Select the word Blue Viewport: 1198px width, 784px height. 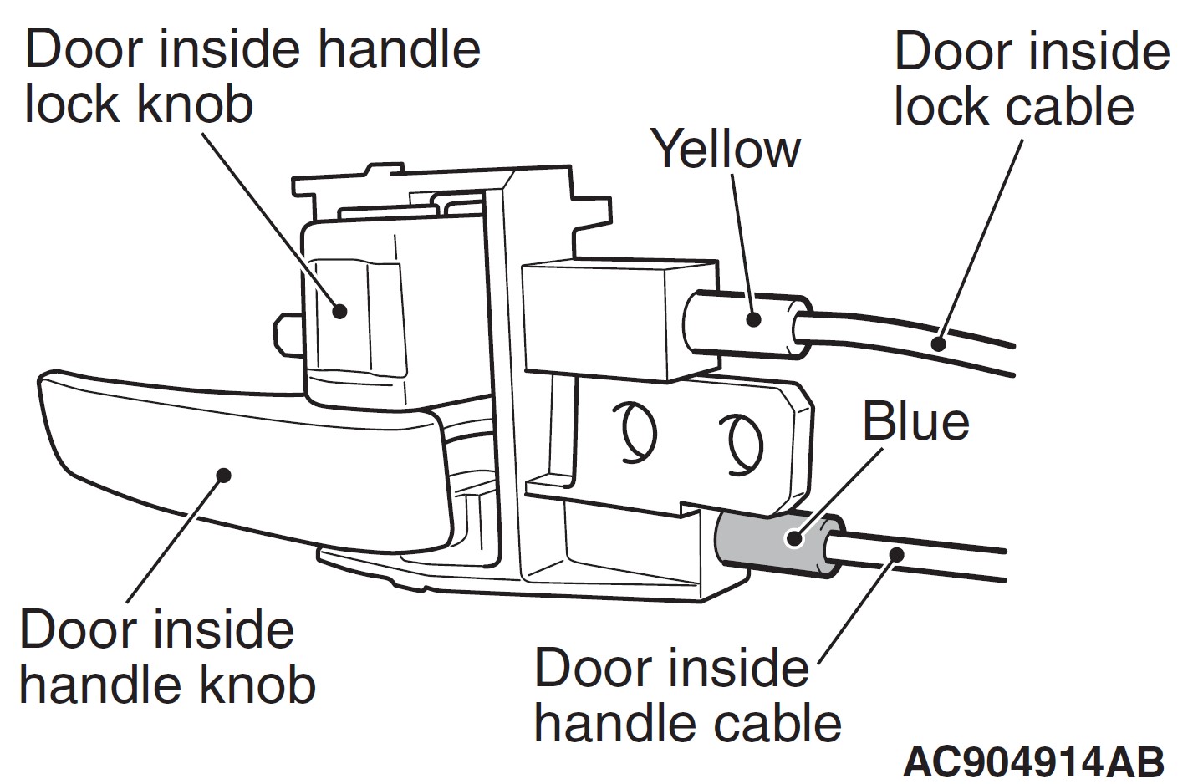coord(915,422)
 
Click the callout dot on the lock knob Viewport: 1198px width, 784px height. coord(339,311)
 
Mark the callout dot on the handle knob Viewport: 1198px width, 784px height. coord(222,475)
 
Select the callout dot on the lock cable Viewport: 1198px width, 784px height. coord(939,342)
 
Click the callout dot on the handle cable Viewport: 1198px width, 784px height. coord(896,552)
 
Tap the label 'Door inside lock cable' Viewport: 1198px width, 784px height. coord(1031,79)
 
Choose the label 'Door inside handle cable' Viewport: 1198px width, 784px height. coord(686,695)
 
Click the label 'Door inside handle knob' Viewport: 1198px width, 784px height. coord(167,658)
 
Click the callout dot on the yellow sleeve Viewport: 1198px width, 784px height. coord(754,318)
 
